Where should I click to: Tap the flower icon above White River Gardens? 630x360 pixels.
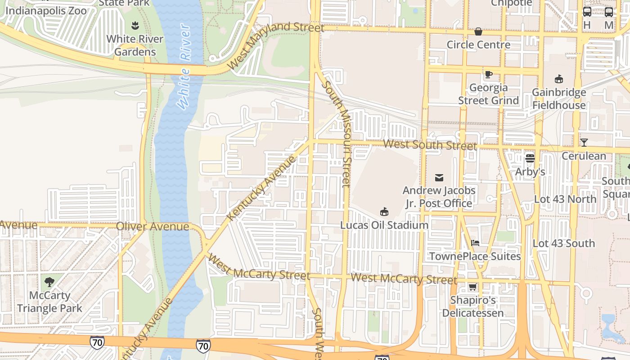pos(135,25)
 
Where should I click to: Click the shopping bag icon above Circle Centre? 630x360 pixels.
pos(478,31)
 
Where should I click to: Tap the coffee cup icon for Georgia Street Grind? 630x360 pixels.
pos(489,74)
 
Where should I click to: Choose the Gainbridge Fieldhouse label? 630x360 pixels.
pos(559,99)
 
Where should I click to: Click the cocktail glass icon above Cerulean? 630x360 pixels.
pos(584,143)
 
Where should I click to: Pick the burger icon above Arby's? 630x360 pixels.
pos(530,158)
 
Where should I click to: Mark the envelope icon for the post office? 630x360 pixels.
pos(439,177)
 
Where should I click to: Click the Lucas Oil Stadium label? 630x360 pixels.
pos(384,225)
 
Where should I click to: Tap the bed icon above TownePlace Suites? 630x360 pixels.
pos(475,243)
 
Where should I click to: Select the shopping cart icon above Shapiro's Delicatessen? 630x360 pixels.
pos(472,287)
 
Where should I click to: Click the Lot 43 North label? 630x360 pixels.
pos(565,199)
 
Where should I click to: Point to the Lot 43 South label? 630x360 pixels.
pos(563,243)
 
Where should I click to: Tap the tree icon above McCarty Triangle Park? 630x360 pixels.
pos(49,282)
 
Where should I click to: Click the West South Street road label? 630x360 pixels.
pos(430,145)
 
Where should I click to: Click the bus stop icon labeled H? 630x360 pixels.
pos(587,13)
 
